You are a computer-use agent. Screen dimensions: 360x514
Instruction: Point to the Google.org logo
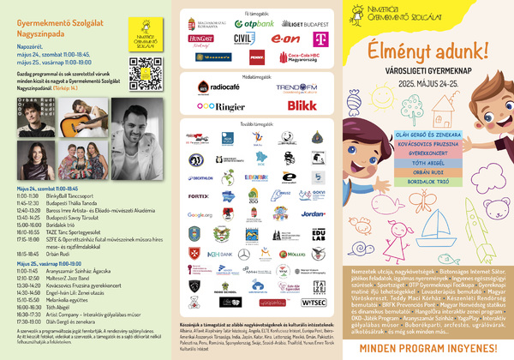[199, 214]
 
